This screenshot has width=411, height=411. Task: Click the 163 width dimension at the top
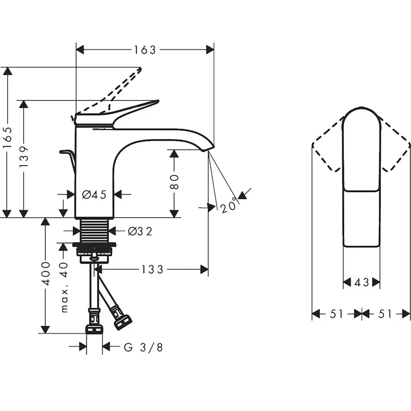[145, 50]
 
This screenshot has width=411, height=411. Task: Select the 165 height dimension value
[7, 137]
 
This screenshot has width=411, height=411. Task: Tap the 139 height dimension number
[24, 157]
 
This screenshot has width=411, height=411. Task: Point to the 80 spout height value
[174, 182]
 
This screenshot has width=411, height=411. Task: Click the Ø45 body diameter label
[94, 195]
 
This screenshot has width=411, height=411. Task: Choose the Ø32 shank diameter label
[140, 231]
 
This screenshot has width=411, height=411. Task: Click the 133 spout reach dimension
[152, 269]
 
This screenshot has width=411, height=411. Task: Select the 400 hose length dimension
[46, 274]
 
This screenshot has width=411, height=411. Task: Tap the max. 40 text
[64, 287]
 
